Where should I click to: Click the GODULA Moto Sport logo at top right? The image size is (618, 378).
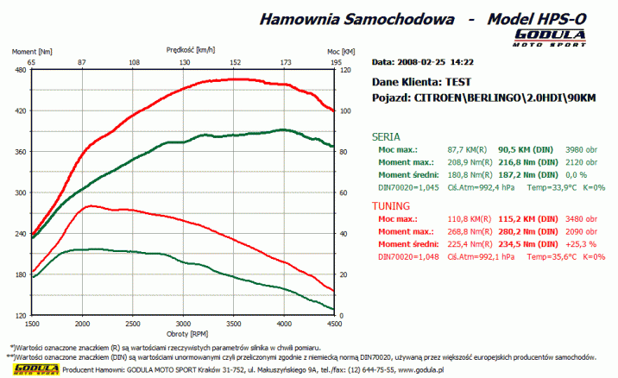(x=549, y=37)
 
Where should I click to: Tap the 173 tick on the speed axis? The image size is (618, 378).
(x=286, y=62)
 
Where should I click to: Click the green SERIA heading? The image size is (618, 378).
(x=386, y=136)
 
